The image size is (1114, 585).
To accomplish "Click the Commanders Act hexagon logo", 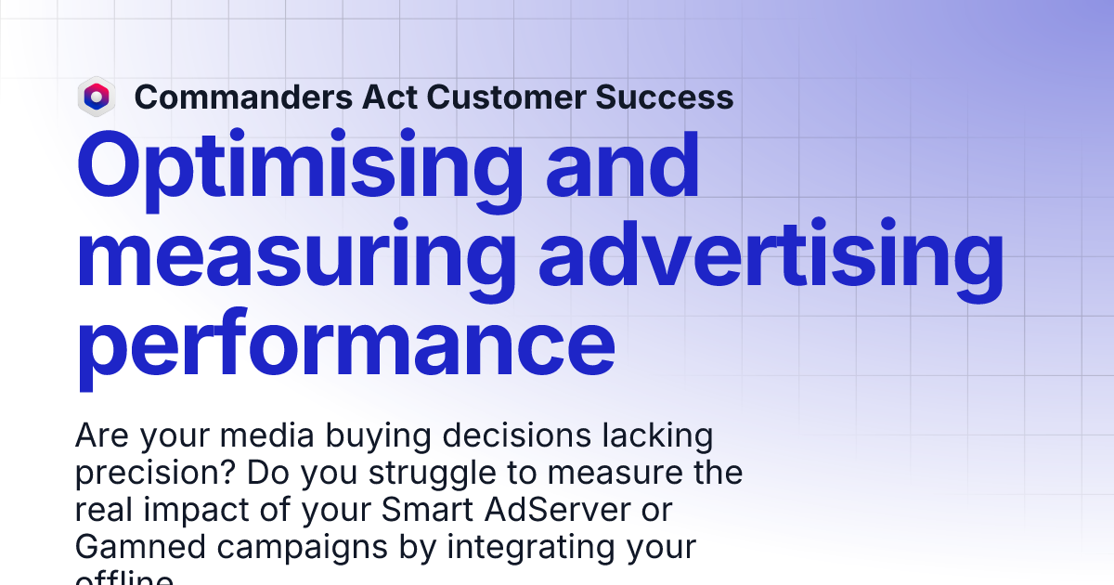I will (x=96, y=97).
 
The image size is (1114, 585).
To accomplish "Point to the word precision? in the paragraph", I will (x=155, y=473).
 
